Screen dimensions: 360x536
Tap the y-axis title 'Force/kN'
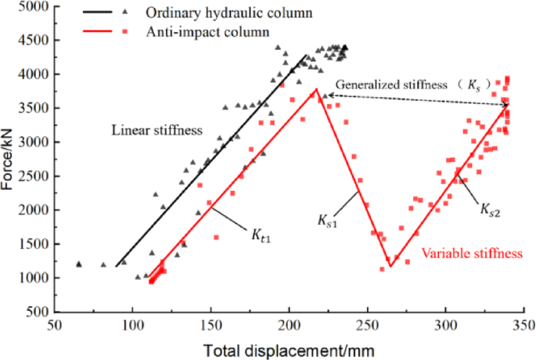click(9, 160)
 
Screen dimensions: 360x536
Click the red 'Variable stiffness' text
click(471, 254)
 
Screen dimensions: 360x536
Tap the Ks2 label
click(491, 209)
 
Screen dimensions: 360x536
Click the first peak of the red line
click(316, 88)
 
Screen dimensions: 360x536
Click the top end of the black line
click(306, 55)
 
